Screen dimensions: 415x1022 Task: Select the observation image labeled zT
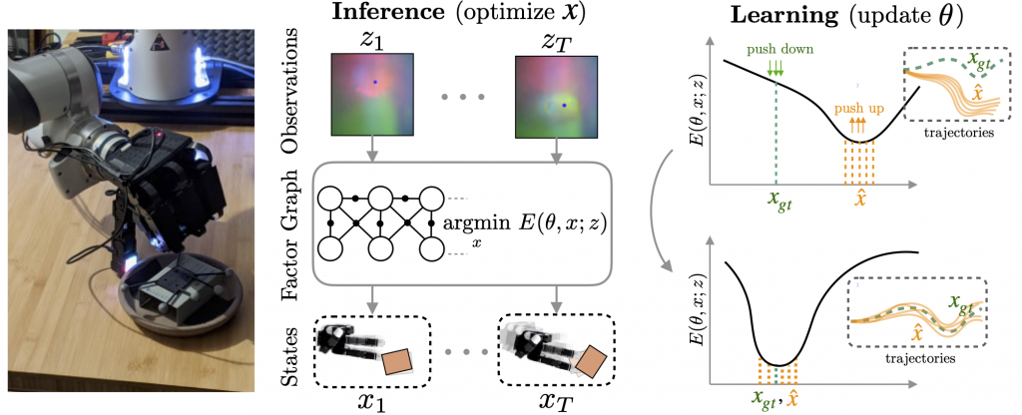pyautogui.click(x=555, y=95)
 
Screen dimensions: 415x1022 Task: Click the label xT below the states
pyautogui.click(x=557, y=402)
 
